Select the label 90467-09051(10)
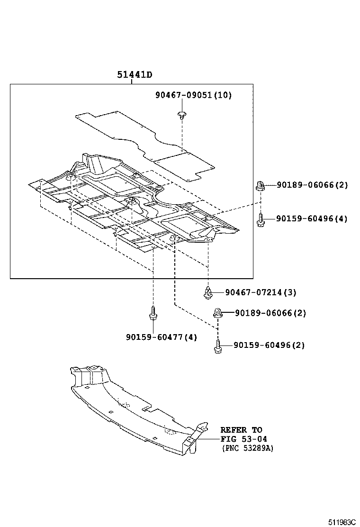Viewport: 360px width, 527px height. [x=193, y=95]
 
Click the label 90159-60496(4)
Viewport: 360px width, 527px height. [x=312, y=218]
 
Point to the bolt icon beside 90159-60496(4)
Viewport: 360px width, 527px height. [x=261, y=219]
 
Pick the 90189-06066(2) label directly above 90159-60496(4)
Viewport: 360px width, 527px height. [x=312, y=185]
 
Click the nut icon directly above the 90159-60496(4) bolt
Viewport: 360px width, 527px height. [x=260, y=185]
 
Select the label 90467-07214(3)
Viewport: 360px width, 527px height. [x=261, y=292]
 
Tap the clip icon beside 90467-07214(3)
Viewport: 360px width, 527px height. [x=208, y=292]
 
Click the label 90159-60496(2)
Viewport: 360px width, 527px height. [x=269, y=345]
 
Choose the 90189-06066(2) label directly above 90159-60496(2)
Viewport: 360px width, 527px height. [x=270, y=313]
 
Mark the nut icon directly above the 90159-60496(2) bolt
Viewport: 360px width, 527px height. [x=218, y=313]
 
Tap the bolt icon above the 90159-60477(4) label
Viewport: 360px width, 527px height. [x=153, y=313]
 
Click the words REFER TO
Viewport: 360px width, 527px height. [x=241, y=430]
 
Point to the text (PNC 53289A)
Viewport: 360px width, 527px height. [x=247, y=448]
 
